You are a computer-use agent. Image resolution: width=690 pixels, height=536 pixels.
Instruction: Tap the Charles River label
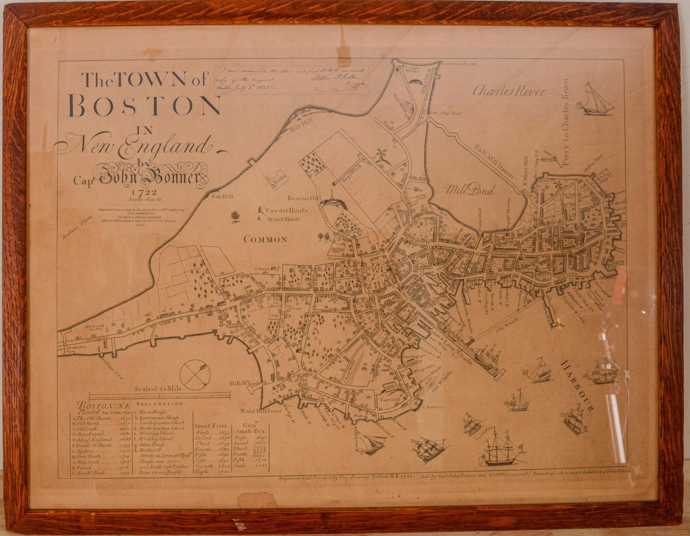pyautogui.click(x=509, y=91)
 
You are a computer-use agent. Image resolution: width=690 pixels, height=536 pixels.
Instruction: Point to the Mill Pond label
pyautogui.click(x=470, y=190)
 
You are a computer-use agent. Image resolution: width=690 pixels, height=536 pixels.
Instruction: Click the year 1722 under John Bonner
pyautogui.click(x=144, y=193)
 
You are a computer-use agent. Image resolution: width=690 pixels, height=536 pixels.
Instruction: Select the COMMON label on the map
pyautogui.click(x=265, y=240)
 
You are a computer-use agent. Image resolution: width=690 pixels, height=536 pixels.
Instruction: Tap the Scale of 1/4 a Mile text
pyautogui.click(x=159, y=388)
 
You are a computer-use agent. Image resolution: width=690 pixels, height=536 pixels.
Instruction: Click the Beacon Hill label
pyautogui.click(x=304, y=198)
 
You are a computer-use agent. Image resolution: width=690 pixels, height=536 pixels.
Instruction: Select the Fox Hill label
pyautogui.click(x=223, y=196)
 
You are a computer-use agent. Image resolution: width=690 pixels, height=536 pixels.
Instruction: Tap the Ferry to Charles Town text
pyautogui.click(x=566, y=123)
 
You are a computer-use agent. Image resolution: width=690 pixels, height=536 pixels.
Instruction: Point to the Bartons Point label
pyautogui.click(x=459, y=64)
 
